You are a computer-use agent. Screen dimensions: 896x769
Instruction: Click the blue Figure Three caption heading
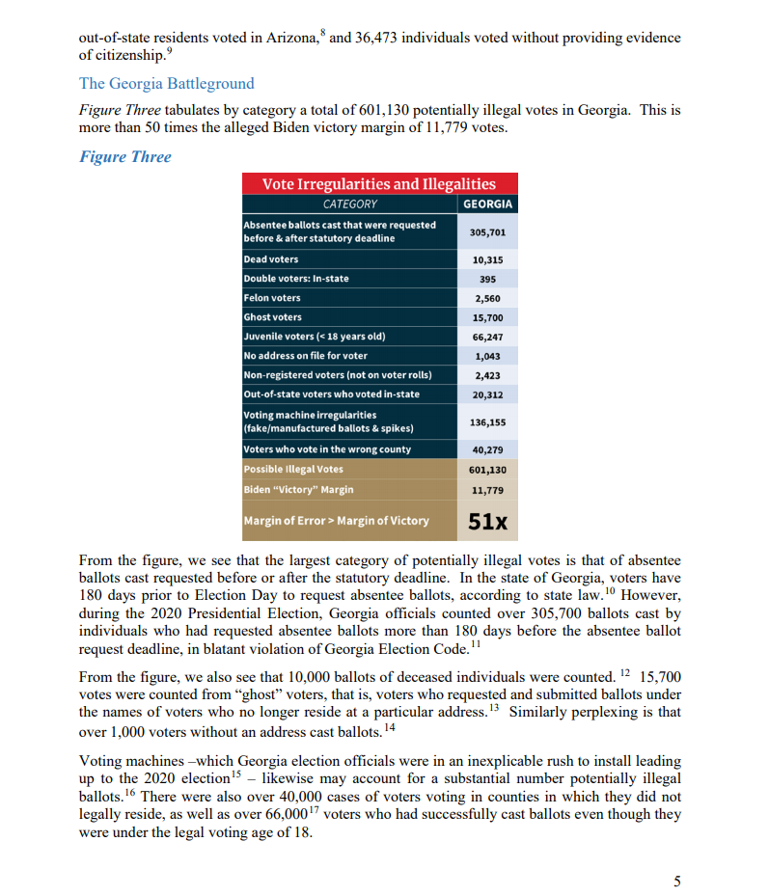tap(124, 157)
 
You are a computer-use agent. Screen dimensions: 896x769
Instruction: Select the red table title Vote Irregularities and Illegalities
tap(380, 184)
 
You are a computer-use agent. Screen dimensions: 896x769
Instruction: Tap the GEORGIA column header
tap(487, 204)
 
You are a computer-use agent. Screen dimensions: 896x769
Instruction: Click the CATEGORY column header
tap(350, 204)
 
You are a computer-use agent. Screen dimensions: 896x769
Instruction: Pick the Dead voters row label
tap(272, 259)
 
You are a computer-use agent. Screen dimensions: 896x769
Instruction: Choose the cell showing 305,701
tap(487, 232)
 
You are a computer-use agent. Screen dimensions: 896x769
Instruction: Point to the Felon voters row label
tap(273, 298)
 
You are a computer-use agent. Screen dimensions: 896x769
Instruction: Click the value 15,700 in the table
tap(487, 317)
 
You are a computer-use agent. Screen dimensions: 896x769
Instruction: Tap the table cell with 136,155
tap(487, 421)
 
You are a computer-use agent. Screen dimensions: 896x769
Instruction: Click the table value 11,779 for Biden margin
tap(487, 490)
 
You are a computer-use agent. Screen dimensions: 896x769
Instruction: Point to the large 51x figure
tap(487, 521)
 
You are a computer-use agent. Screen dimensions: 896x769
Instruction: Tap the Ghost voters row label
tap(273, 317)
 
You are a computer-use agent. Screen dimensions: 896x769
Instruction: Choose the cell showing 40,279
tap(487, 449)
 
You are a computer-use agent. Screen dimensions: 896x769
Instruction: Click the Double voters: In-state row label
tap(297, 279)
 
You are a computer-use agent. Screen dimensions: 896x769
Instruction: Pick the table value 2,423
tap(487, 374)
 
